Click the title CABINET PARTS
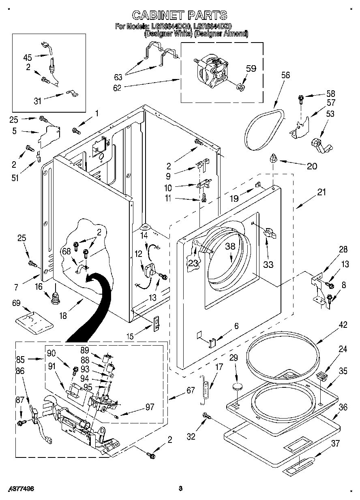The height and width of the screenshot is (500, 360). [x=180, y=15]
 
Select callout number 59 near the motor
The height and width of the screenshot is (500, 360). [x=251, y=69]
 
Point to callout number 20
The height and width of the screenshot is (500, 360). [x=312, y=166]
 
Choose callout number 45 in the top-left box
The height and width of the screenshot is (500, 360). [x=27, y=57]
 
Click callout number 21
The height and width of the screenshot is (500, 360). [x=321, y=193]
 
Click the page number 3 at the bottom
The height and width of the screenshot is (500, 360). [x=181, y=488]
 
